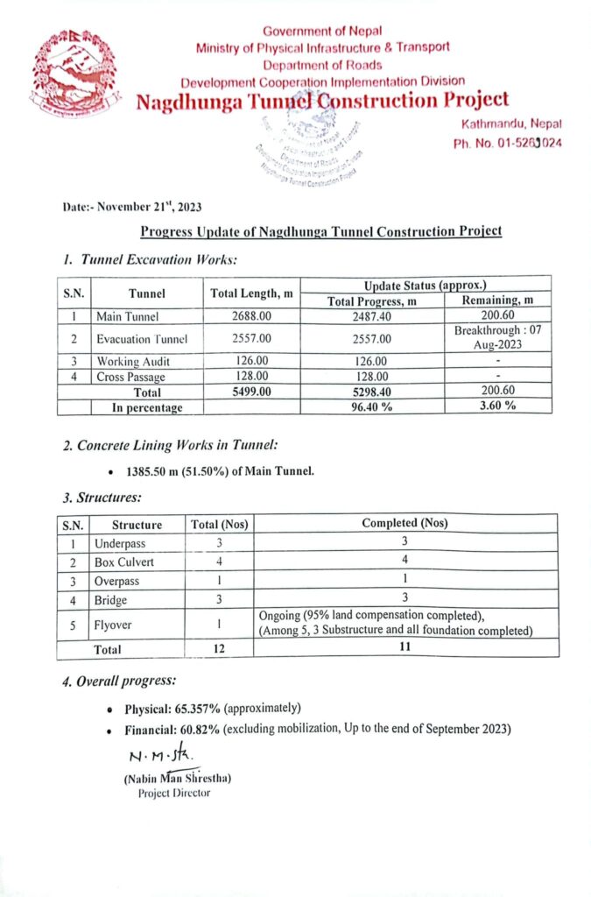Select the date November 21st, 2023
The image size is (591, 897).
tap(132, 208)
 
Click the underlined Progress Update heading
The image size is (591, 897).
tap(321, 231)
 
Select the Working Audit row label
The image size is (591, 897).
tap(133, 361)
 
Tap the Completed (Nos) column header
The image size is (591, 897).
tap(405, 524)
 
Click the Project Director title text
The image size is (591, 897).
tap(173, 794)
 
